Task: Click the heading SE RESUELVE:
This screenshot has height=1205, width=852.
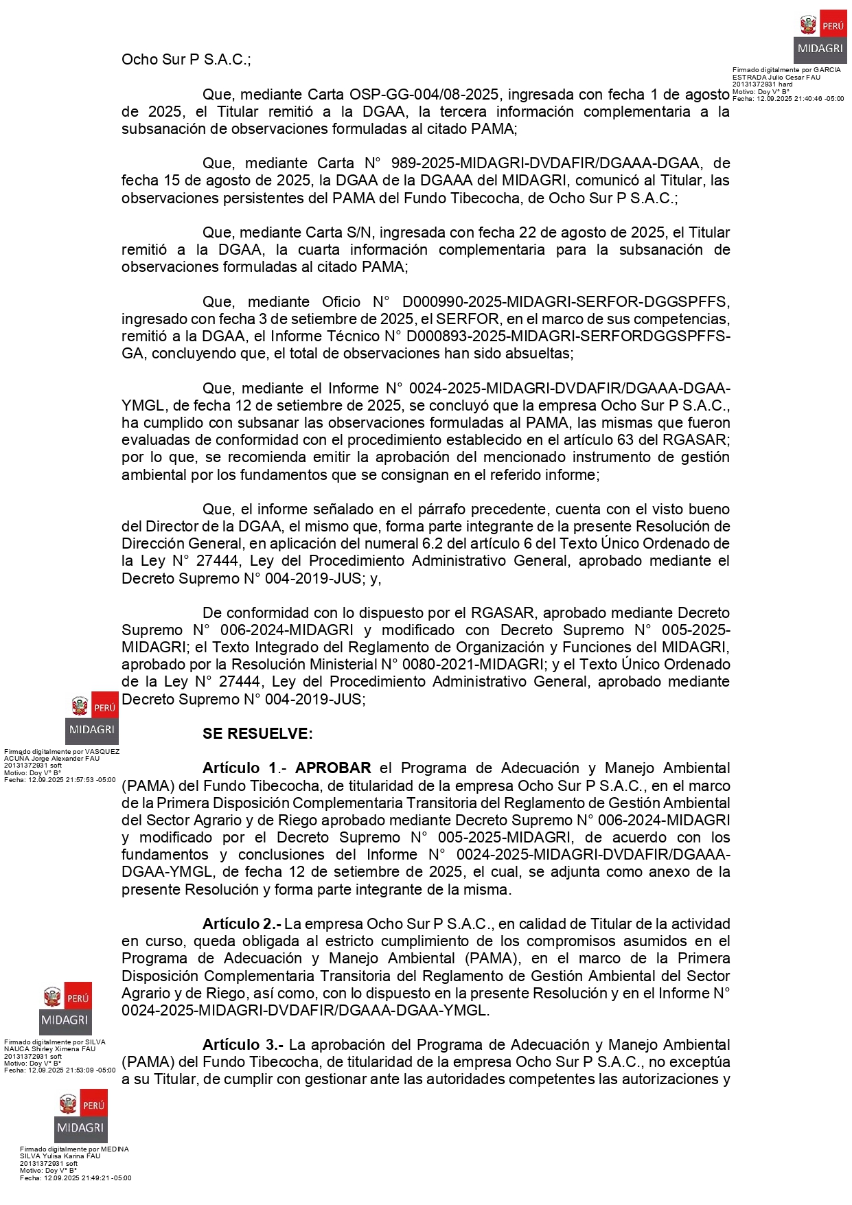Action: pos(257,733)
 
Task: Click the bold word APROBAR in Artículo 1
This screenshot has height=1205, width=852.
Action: pos(333,768)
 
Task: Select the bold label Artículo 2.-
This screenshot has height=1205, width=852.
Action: pos(241,923)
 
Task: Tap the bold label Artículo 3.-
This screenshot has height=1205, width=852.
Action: pos(242,1044)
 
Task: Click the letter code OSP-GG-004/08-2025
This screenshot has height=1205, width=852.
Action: pos(423,94)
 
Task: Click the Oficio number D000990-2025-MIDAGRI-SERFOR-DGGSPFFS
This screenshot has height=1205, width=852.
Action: pos(566,301)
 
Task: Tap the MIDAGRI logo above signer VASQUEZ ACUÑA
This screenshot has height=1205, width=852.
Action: pos(92,718)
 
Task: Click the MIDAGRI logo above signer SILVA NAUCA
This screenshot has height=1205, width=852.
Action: pos(65,1009)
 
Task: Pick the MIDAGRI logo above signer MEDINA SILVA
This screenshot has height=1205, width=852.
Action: pos(81,1116)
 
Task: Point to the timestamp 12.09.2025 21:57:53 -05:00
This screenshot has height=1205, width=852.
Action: pos(71,780)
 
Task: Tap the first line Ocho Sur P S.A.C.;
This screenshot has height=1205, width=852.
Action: pos(186,60)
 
